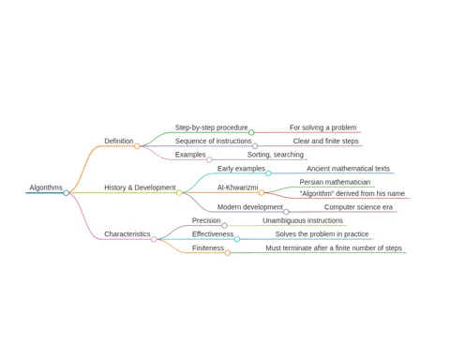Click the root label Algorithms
pyautogui.click(x=46, y=187)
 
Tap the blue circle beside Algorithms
pyautogui.click(x=66, y=193)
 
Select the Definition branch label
pyautogui.click(x=119, y=141)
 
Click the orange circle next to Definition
pyautogui.click(x=137, y=146)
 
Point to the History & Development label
pyautogui.click(x=140, y=187)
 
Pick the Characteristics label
pyautogui.click(x=127, y=234)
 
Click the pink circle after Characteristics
pyautogui.click(x=154, y=239)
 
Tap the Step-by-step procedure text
pyautogui.click(x=211, y=127)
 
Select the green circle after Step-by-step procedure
pyautogui.click(x=251, y=132)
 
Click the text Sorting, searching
pyautogui.click(x=276, y=155)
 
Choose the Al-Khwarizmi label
pyautogui.click(x=237, y=187)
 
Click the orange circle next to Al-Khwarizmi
pyautogui.click(x=262, y=193)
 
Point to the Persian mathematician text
pyautogui.click(x=335, y=182)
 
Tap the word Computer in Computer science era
pyautogui.click(x=337, y=207)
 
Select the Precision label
pyautogui.click(x=206, y=220)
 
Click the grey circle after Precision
pyautogui.click(x=224, y=226)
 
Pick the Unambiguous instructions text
pyautogui.click(x=303, y=220)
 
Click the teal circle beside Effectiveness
pyautogui.click(x=237, y=239)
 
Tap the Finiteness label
pyautogui.click(x=208, y=248)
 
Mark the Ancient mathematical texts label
pyautogui.click(x=348, y=169)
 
